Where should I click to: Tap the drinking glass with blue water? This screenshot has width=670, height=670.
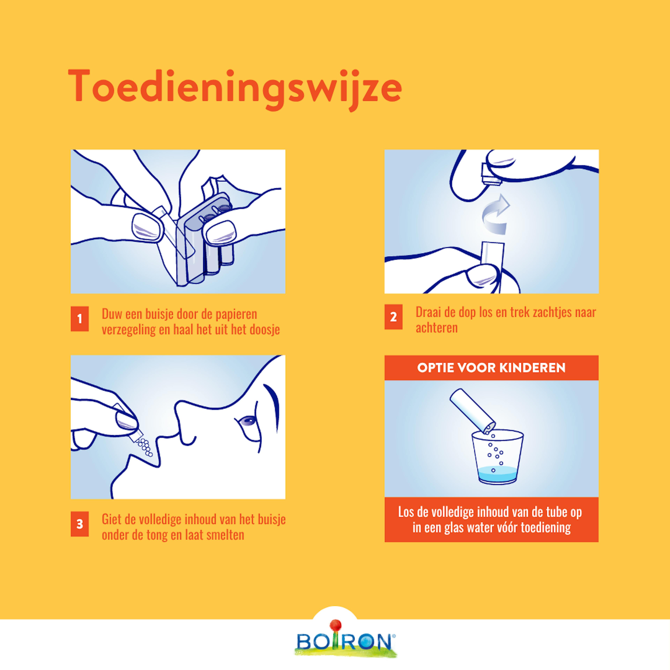(x=498, y=457)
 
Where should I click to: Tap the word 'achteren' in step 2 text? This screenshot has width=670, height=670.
(x=437, y=327)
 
